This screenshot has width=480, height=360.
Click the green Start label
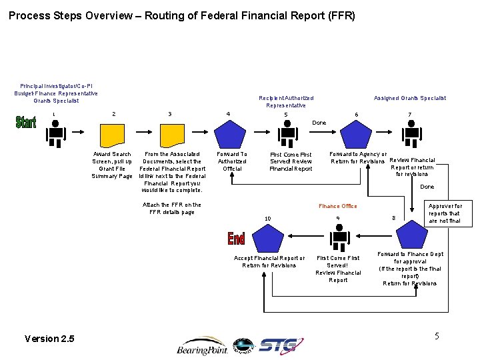tap(26, 123)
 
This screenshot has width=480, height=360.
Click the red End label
tap(236, 237)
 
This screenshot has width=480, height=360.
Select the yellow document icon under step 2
tap(114, 135)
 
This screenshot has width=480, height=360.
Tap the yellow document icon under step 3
tap(171, 135)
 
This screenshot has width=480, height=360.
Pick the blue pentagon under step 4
tap(230, 135)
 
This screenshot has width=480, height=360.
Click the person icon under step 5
tap(287, 135)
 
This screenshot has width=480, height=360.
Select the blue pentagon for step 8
tap(410, 235)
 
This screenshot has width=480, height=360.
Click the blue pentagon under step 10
tap(269, 237)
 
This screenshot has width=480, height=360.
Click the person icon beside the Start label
tap(55, 136)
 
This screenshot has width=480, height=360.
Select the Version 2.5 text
tap(49, 339)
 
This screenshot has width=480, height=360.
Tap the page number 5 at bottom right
tap(437, 335)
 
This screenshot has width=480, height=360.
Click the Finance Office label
tap(338, 206)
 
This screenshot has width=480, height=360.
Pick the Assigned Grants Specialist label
tap(410, 98)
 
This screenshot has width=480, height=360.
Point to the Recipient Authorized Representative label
tap(286, 101)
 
